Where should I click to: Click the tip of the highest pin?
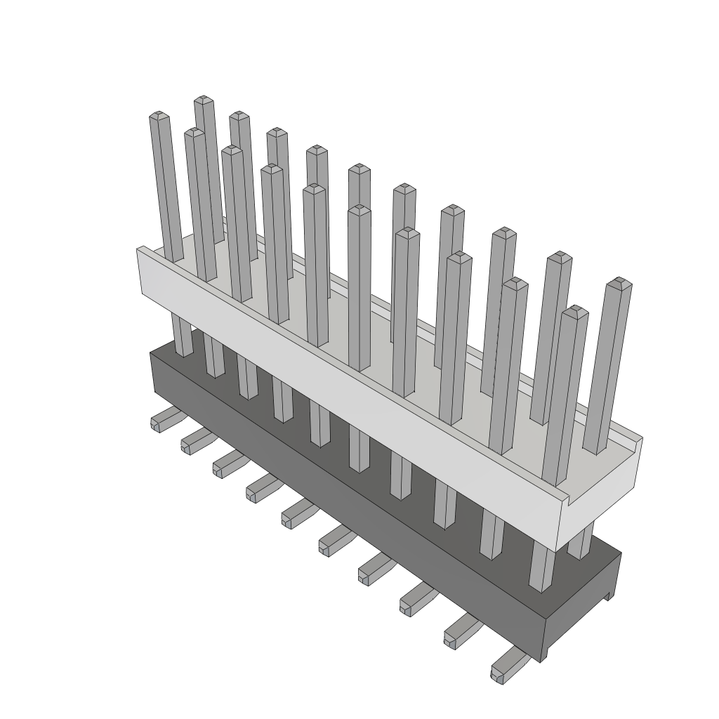204,100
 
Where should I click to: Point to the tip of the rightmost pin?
619,283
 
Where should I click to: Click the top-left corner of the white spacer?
140,248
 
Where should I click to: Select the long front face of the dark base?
351,506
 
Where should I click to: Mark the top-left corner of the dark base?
152,352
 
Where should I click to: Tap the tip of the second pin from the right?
577,310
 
